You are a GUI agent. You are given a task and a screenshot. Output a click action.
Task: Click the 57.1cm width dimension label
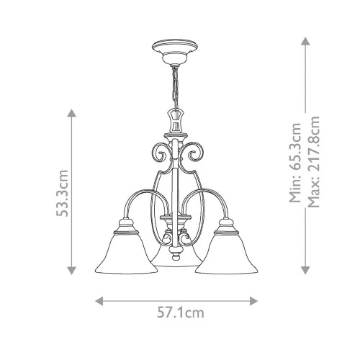pyautogui.click(x=179, y=313)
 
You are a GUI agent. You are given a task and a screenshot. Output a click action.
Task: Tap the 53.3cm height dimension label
pyautogui.click(x=63, y=193)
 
